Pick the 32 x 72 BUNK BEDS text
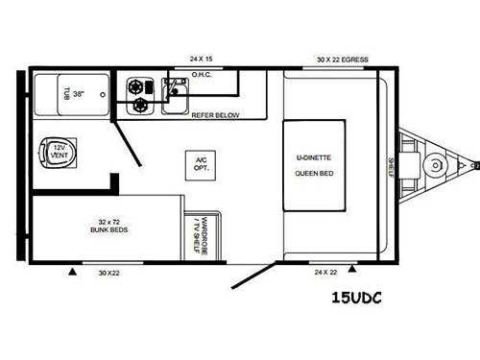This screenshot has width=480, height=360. pos(106,227)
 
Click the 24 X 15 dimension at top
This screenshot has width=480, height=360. pos(201,58)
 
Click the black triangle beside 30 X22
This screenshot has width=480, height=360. pos(72,272)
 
